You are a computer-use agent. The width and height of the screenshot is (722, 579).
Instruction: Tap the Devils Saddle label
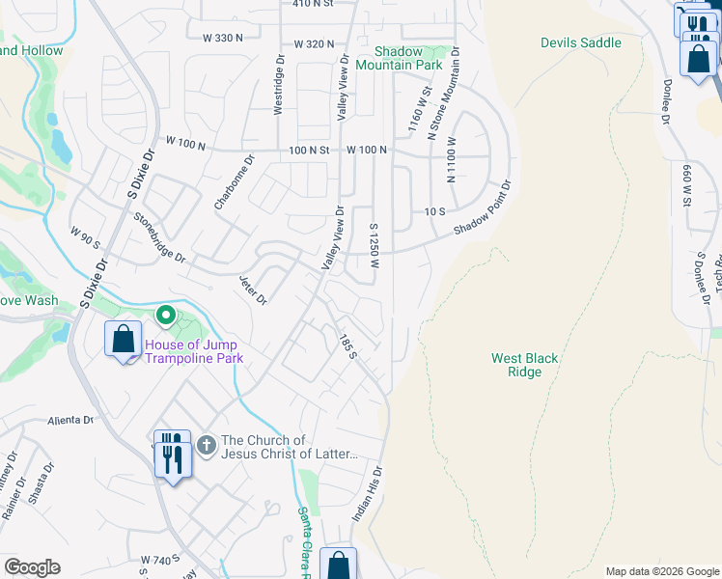pyautogui.click(x=580, y=43)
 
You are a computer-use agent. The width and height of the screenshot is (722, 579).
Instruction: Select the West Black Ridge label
pyautogui.click(x=524, y=365)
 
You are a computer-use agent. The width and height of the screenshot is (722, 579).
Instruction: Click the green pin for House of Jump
pyautogui.click(x=165, y=315)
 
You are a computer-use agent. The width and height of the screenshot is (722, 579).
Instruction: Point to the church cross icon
pyautogui.click(x=206, y=445)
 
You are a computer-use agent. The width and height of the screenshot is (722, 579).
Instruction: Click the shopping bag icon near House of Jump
pyautogui.click(x=123, y=340)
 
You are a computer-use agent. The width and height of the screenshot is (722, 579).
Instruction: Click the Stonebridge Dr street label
pyautogui.click(x=160, y=237)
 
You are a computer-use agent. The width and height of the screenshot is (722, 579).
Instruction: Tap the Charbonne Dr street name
pyautogui.click(x=234, y=183)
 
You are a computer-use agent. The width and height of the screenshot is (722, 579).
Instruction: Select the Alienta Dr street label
pyautogui.click(x=70, y=421)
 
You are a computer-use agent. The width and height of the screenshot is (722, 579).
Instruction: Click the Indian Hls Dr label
pyautogui.click(x=368, y=495)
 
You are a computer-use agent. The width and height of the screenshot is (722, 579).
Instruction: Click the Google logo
pyautogui.click(x=32, y=567)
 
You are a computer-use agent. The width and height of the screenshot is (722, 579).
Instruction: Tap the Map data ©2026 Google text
pyautogui.click(x=661, y=571)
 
